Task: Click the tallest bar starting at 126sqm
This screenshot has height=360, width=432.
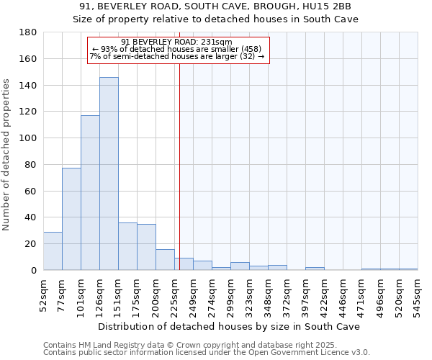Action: (109, 174)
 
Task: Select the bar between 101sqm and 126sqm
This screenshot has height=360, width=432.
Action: (90, 193)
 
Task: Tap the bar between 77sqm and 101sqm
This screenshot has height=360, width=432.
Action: (71, 219)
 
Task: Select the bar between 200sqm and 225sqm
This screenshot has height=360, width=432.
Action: (165, 259)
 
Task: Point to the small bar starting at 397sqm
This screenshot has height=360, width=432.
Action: (315, 269)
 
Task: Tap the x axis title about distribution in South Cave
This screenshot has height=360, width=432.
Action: (230, 326)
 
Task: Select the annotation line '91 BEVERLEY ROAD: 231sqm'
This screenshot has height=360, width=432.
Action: (177, 42)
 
